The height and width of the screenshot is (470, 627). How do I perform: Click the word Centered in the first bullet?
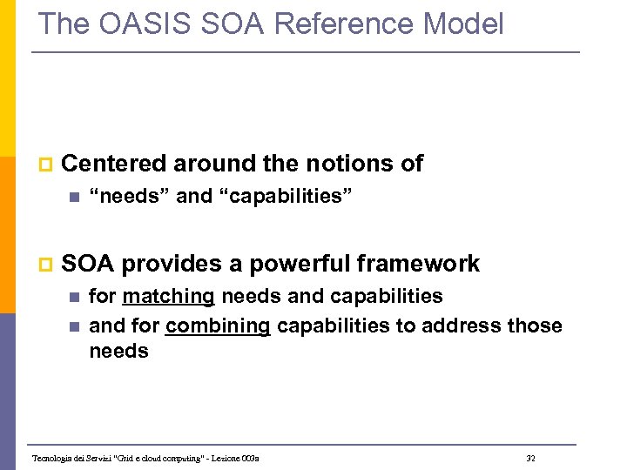click(115, 163)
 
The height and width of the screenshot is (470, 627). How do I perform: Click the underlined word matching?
click(168, 297)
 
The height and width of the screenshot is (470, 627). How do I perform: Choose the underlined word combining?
click(218, 326)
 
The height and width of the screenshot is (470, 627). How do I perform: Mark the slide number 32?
click(531, 458)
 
